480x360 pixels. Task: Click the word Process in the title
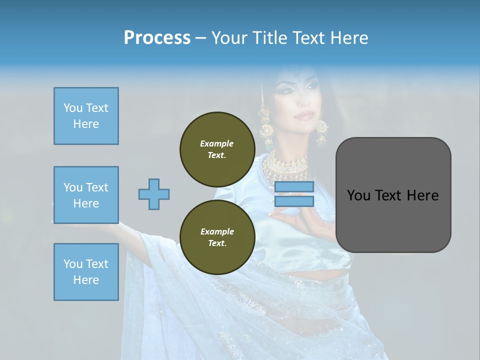click(157, 38)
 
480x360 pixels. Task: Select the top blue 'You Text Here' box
click(86, 116)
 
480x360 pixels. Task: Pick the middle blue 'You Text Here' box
click(86, 195)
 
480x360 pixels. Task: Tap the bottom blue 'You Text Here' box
click(86, 272)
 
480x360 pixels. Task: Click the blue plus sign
click(154, 194)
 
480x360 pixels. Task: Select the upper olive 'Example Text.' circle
click(217, 149)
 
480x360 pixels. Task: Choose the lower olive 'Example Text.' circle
click(217, 237)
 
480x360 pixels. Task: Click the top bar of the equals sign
click(294, 187)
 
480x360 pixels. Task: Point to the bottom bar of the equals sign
click(294, 201)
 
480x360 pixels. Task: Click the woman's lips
click(301, 115)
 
